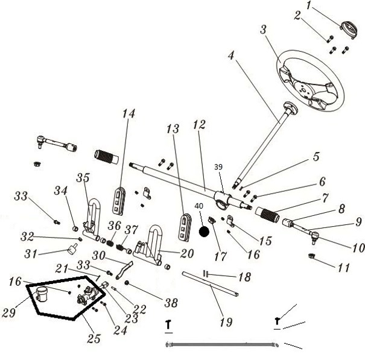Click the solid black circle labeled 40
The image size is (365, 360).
pyautogui.click(x=205, y=230)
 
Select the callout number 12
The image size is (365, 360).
pyautogui.click(x=199, y=125)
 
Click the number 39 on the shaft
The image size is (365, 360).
pyautogui.click(x=218, y=168)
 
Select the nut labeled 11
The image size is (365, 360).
pyautogui.click(x=314, y=257)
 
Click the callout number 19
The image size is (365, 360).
pyautogui.click(x=226, y=323)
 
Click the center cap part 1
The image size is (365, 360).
pyautogui.click(x=348, y=28)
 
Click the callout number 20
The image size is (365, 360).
pyautogui.click(x=170, y=254)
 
